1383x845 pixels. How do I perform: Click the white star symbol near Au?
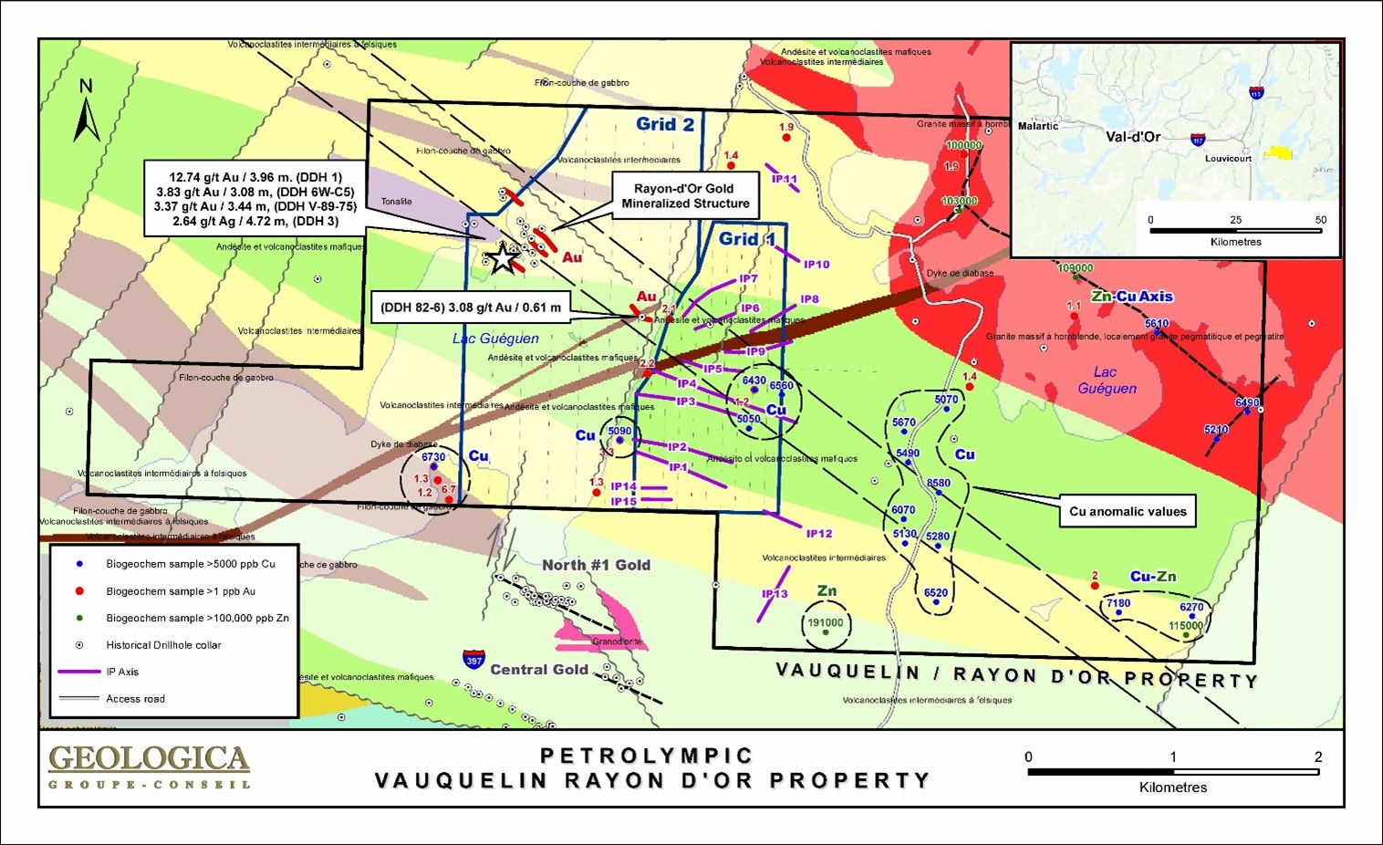pos(503,259)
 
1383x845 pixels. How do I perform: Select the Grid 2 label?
pos(665,125)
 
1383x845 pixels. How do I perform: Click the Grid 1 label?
pos(747,239)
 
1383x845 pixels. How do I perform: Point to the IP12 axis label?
pos(818,534)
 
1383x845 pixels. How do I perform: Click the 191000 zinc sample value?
pos(825,622)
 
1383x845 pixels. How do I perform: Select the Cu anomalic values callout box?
pos(1128,512)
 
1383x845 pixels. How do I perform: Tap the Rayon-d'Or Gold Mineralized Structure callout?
pos(685,196)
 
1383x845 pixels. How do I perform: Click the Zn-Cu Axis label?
pos(1131,297)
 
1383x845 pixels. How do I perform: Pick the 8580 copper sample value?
pos(938,484)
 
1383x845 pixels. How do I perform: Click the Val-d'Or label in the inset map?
pos(1133,137)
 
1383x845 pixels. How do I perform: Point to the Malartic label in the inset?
pos(1038,126)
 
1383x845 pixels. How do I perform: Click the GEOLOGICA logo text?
pos(149,759)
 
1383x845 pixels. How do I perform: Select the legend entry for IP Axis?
pos(122,672)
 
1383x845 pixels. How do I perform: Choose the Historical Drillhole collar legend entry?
pos(163,645)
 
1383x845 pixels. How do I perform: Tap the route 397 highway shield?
pos(473,660)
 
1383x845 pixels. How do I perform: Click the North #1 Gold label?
pos(596,566)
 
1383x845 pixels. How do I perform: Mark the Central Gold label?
pos(539,670)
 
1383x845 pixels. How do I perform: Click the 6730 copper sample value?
pos(433,457)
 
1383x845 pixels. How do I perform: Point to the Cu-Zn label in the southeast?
pos(1153,577)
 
